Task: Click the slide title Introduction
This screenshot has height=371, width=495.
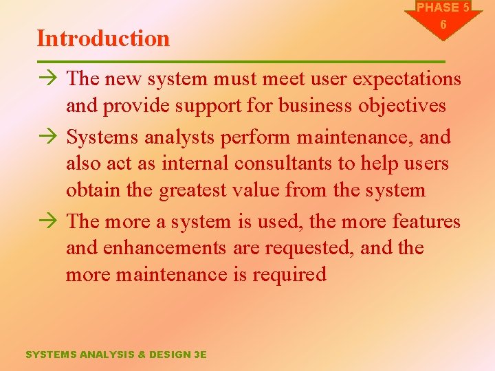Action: coord(103,38)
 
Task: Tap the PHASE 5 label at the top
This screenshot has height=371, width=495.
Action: coord(443,8)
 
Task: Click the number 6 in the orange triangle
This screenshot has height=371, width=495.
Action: coord(443,25)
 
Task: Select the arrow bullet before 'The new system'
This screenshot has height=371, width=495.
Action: coord(47,79)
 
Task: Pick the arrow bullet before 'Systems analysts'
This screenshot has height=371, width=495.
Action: coord(47,137)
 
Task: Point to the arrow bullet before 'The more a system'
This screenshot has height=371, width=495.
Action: coord(47,222)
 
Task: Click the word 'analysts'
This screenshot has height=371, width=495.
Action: coord(180,137)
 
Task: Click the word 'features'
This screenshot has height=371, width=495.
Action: coord(426,222)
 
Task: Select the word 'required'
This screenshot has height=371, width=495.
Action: coord(289,275)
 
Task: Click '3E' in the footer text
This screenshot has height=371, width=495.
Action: coord(200,355)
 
